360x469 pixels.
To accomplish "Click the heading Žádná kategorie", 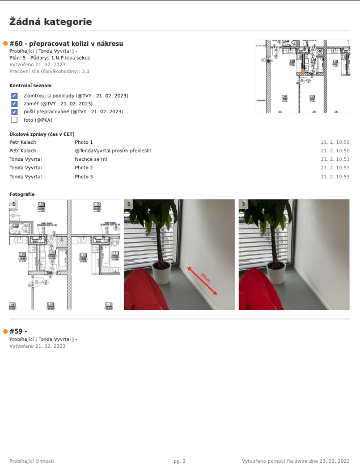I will tap(50, 22).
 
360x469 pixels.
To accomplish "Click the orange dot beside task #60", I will tap(6, 44).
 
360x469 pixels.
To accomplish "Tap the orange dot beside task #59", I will tap(6, 331).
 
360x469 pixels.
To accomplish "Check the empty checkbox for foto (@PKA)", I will tap(14, 120).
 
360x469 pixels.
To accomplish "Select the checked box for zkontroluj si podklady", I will tap(14, 96).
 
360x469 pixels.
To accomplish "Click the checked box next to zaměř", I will tap(14, 104).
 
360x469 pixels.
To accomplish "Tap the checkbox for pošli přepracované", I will tap(14, 112).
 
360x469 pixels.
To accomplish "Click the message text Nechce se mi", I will tap(91, 160).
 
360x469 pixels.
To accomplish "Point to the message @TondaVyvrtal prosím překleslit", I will tap(113, 151).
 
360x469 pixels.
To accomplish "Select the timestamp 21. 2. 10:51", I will tap(335, 160).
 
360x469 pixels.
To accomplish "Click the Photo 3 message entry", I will tap(84, 177).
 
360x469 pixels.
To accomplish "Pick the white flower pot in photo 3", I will tap(277, 275).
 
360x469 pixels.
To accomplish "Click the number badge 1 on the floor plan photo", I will tap(14, 203).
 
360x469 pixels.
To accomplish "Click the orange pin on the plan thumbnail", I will tap(303, 72).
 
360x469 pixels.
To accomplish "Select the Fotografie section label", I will tap(22, 194).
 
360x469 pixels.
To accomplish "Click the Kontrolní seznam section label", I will tap(27, 86).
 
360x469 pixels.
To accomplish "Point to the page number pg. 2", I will tap(180, 461).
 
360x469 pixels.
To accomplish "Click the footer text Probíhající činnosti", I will tap(32, 461).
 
